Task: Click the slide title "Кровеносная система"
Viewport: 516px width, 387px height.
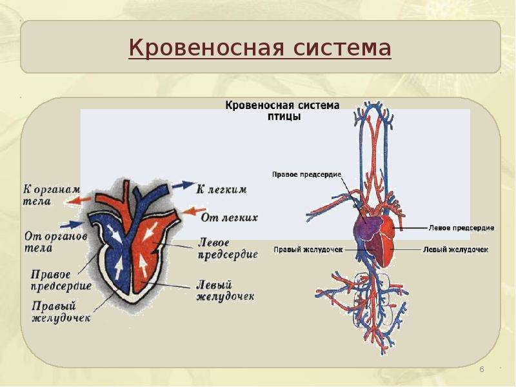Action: tap(260, 48)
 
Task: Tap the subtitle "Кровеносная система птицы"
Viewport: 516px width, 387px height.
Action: tap(283, 111)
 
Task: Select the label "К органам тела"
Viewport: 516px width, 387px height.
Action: tap(52, 195)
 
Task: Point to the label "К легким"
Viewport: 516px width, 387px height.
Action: tap(221, 190)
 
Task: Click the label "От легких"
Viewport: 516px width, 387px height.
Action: tap(230, 217)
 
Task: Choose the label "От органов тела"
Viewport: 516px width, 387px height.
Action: tap(56, 242)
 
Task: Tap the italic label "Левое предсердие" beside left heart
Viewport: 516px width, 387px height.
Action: tap(228, 249)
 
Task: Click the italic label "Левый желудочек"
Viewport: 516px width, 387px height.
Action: tap(225, 291)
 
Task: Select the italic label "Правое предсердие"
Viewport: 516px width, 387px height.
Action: tap(61, 280)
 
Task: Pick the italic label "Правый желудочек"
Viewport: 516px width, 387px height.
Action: tap(61, 312)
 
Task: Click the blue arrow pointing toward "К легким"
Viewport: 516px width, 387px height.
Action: tap(184, 185)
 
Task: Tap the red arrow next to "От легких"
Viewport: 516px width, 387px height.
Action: tap(194, 211)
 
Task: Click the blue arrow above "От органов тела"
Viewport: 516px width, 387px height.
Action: tap(72, 224)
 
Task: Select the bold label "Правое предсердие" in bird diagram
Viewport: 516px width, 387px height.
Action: tap(307, 174)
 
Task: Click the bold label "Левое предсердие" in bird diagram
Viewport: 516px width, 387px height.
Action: tap(461, 228)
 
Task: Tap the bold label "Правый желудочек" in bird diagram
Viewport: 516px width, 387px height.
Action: tap(308, 250)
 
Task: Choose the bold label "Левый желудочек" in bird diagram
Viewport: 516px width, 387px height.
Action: tap(455, 250)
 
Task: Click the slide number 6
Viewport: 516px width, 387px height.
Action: tap(482, 369)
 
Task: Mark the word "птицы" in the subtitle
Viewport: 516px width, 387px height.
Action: tap(284, 117)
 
